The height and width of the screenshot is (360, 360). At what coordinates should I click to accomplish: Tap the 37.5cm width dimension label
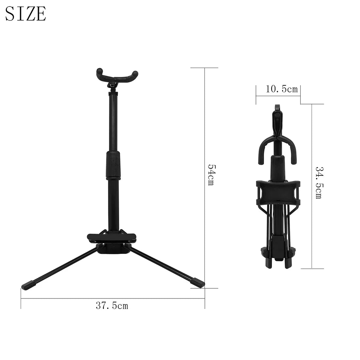coord(112,306)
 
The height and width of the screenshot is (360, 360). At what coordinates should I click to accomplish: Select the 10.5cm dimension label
coord(281,89)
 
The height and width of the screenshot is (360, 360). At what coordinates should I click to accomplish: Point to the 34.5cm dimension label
coord(318,183)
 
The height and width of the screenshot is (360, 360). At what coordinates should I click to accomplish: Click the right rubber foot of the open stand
coord(198,282)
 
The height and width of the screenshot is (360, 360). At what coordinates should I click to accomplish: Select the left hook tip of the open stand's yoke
coord(99,72)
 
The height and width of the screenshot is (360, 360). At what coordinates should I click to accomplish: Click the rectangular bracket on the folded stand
coord(278,191)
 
